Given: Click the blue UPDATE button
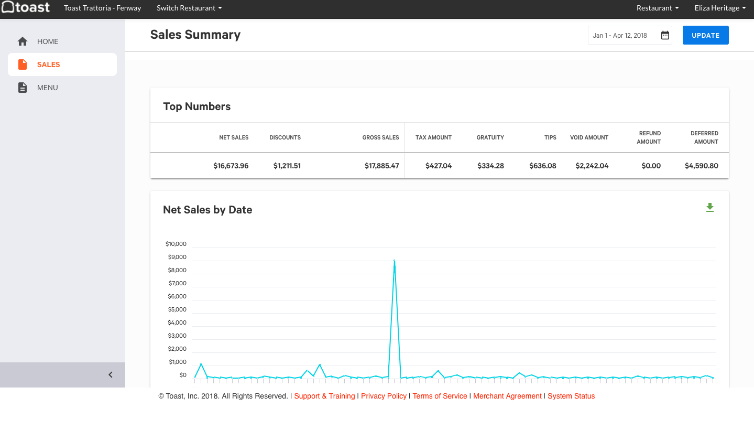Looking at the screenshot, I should [x=705, y=35].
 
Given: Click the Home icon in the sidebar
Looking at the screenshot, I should [x=23, y=41].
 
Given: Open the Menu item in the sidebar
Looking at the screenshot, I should [x=47, y=88].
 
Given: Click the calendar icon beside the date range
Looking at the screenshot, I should [x=665, y=35].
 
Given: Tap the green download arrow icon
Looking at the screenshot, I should [x=710, y=208].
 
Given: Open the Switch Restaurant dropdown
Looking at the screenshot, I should [x=189, y=8].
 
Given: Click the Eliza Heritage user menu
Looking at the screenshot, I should [x=720, y=8].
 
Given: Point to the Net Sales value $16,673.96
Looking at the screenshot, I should [x=231, y=166].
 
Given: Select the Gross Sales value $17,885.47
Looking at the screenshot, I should [x=381, y=166].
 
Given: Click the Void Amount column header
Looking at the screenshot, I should [x=589, y=137].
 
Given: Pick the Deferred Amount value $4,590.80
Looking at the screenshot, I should [x=701, y=166].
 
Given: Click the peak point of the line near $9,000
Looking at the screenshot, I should [x=394, y=261].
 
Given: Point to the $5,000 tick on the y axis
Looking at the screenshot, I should [x=177, y=309].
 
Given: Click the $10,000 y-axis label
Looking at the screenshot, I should [x=176, y=244].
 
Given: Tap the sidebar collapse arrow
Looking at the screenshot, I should [x=111, y=374].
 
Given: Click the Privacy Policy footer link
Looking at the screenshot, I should [x=384, y=396].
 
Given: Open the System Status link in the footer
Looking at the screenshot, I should [x=571, y=396].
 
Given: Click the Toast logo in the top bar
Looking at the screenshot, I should [x=26, y=7].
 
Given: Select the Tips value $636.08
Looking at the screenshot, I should [x=542, y=166].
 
